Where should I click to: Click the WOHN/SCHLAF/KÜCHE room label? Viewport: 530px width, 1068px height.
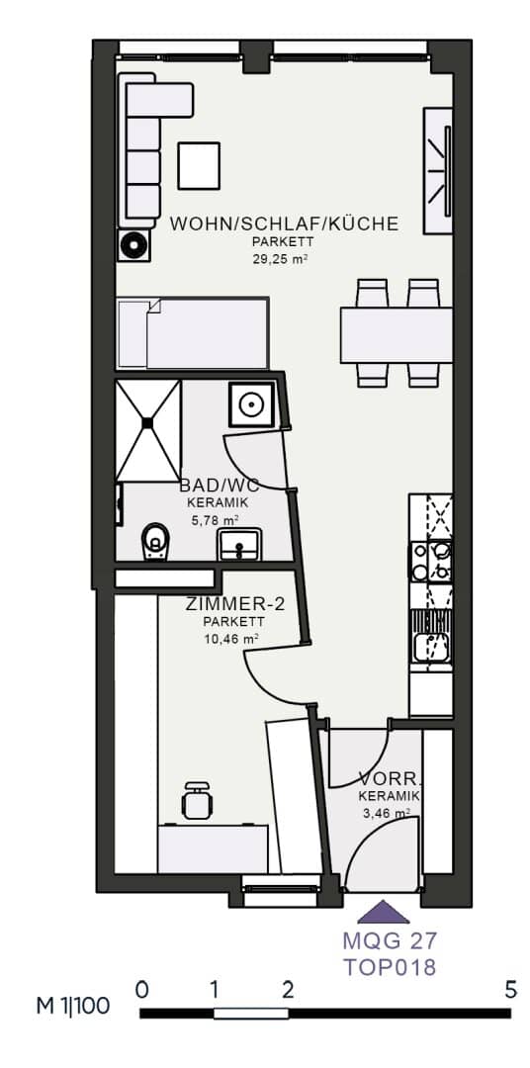[284, 223]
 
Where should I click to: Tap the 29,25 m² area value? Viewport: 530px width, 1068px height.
[282, 259]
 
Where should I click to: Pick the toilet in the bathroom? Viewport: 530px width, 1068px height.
[155, 543]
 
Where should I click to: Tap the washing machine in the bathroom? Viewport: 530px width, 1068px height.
[251, 404]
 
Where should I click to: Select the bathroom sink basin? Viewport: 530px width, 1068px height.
[237, 545]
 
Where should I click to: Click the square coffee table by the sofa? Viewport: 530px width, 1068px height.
[198, 165]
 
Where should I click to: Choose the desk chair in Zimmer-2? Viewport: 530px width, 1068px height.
[198, 801]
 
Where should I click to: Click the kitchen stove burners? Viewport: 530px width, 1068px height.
[431, 561]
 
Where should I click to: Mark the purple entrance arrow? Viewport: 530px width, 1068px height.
[384, 913]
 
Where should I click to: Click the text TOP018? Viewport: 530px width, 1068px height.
[389, 966]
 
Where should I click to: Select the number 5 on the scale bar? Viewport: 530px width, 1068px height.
[511, 991]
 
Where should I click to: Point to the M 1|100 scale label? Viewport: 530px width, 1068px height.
[72, 1007]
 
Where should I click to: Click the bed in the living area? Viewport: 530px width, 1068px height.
[193, 333]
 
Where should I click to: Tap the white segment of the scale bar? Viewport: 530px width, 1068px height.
[251, 1014]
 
